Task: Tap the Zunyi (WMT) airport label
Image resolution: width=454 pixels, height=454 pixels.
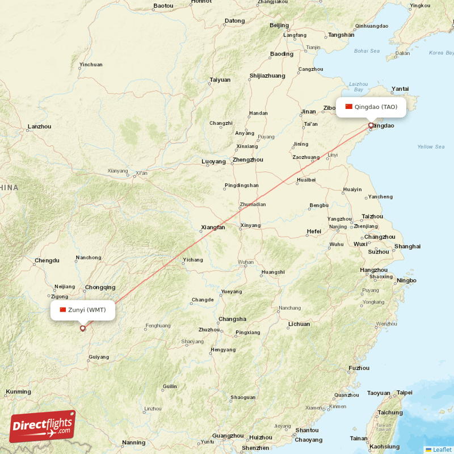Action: [83, 310]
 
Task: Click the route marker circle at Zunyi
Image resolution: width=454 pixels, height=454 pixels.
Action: [83, 328]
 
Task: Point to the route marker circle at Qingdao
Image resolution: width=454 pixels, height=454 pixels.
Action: [371, 125]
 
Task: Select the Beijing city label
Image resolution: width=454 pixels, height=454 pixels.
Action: [279, 25]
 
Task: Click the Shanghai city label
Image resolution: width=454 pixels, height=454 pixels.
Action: [407, 246]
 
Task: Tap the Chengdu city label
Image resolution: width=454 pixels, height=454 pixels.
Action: [47, 260]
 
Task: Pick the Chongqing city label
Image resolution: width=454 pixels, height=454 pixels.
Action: [100, 287]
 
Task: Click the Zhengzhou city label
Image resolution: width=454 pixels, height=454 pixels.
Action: [248, 160]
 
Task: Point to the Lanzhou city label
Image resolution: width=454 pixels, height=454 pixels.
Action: [39, 127]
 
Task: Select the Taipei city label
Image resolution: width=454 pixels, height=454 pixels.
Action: [404, 393]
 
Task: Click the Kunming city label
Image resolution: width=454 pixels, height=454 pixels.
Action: [18, 392]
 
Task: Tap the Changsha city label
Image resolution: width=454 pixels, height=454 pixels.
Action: [232, 319]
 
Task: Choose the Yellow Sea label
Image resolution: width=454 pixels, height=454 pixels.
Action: [431, 147]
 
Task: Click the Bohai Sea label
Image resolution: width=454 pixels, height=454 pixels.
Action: [367, 51]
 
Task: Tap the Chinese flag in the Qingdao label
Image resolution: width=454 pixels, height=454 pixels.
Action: [348, 107]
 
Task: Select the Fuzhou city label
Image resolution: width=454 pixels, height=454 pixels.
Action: [359, 368]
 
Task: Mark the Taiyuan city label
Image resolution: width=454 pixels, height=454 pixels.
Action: [220, 79]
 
